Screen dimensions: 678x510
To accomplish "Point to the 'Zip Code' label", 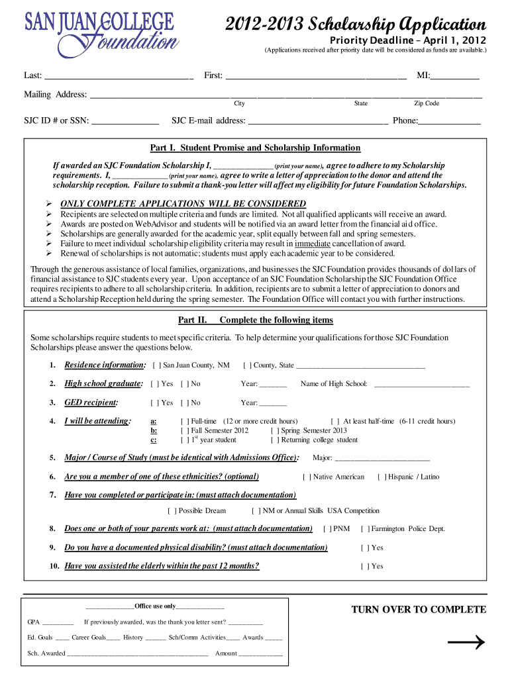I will [427, 104].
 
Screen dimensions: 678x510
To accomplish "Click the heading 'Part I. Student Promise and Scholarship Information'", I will [256, 148].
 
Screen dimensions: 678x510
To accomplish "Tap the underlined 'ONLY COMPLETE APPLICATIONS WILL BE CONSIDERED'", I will [183, 204].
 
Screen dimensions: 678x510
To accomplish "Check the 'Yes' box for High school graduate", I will [155, 384].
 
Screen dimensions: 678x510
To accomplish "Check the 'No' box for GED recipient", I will [185, 403].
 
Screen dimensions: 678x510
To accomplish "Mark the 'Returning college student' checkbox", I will [275, 440].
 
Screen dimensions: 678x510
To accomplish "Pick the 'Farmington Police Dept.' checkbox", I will [365, 529].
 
